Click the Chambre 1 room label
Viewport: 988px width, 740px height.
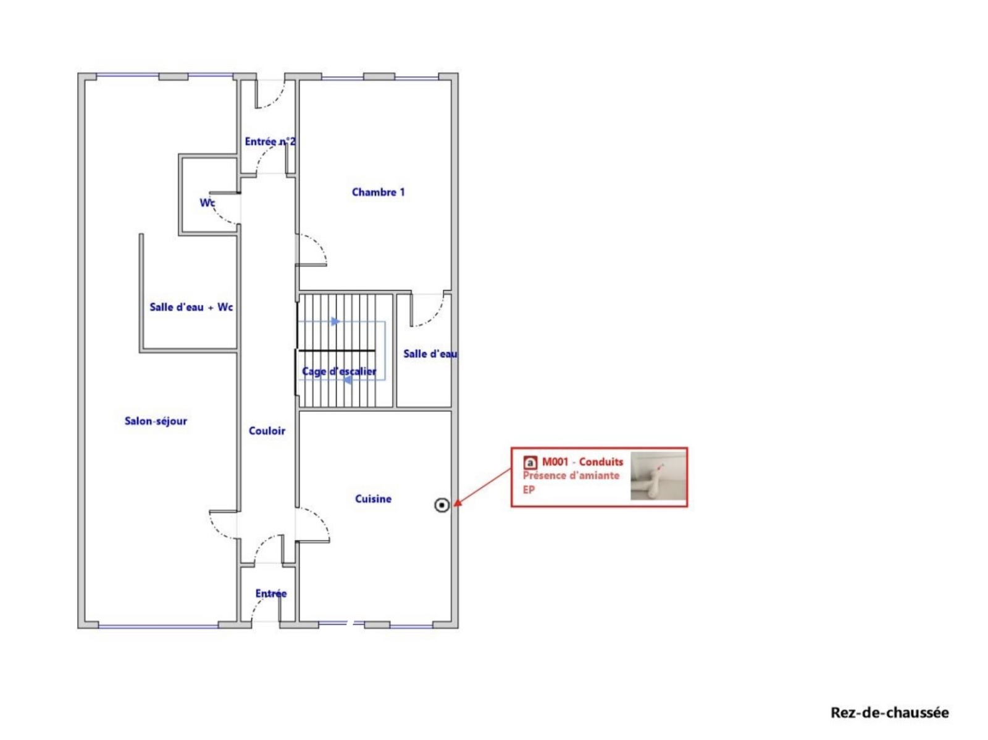(x=378, y=192)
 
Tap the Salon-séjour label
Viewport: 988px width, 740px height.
(x=155, y=421)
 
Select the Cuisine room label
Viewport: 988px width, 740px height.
(x=373, y=499)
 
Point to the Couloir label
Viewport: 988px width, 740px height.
(x=267, y=431)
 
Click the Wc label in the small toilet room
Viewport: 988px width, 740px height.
(x=207, y=203)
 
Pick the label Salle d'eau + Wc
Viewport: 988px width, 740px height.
(x=191, y=307)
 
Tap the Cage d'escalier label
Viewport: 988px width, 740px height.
(x=339, y=372)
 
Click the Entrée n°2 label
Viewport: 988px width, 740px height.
(x=270, y=142)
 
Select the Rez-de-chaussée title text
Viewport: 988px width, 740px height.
(x=889, y=713)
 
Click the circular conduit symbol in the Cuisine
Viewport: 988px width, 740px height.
(x=442, y=505)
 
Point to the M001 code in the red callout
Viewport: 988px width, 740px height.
(x=555, y=462)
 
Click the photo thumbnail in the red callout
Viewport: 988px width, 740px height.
(x=658, y=476)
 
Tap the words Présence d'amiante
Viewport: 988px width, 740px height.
(x=571, y=475)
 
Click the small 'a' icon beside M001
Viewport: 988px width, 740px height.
(x=530, y=462)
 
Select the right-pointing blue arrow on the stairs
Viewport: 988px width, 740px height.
(x=335, y=322)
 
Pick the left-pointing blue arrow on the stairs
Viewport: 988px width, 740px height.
(x=347, y=380)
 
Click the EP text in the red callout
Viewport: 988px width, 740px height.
(x=529, y=489)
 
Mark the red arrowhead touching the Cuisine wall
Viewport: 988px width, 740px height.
(x=456, y=504)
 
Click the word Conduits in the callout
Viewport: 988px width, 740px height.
(x=601, y=462)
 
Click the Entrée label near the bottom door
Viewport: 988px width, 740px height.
(x=270, y=593)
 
